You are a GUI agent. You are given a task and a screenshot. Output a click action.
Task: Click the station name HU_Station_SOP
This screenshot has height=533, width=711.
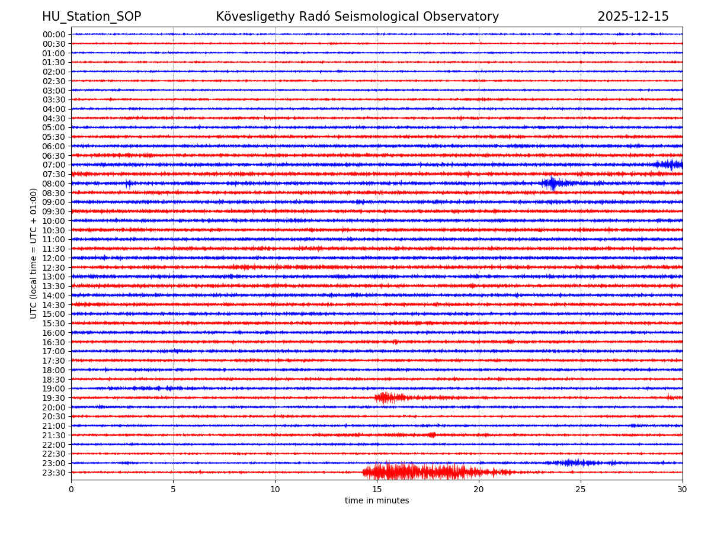point(91,17)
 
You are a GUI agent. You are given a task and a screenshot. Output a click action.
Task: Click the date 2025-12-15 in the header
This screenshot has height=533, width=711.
point(633,17)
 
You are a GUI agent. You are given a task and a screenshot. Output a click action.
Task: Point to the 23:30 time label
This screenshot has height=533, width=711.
point(53,473)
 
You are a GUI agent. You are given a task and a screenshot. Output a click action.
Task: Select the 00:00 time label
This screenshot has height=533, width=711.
point(53,34)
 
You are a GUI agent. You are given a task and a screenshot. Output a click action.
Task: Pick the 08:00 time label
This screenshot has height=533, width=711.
point(53,184)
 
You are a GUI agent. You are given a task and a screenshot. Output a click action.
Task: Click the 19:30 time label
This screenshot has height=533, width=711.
point(53,398)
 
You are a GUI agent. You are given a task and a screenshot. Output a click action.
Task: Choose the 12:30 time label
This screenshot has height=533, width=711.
point(53,268)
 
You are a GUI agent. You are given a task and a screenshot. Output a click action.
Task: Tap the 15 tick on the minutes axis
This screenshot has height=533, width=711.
point(377,489)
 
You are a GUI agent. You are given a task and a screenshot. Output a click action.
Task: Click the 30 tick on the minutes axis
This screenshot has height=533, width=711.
point(683,489)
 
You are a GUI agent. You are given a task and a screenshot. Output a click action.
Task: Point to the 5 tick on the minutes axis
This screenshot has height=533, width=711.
point(173,489)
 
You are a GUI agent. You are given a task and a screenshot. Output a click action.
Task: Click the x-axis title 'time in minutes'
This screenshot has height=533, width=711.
point(377,501)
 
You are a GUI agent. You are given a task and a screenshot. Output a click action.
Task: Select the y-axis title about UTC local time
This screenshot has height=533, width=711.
point(34,253)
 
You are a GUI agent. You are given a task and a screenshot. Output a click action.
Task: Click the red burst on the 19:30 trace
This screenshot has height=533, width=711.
point(388,397)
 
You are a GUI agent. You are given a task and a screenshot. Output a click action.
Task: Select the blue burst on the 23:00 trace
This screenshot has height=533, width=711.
point(572,463)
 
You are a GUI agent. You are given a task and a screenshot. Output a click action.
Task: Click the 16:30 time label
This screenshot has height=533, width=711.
point(53,342)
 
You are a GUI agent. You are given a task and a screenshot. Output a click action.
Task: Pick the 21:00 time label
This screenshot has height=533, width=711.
point(53,426)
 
